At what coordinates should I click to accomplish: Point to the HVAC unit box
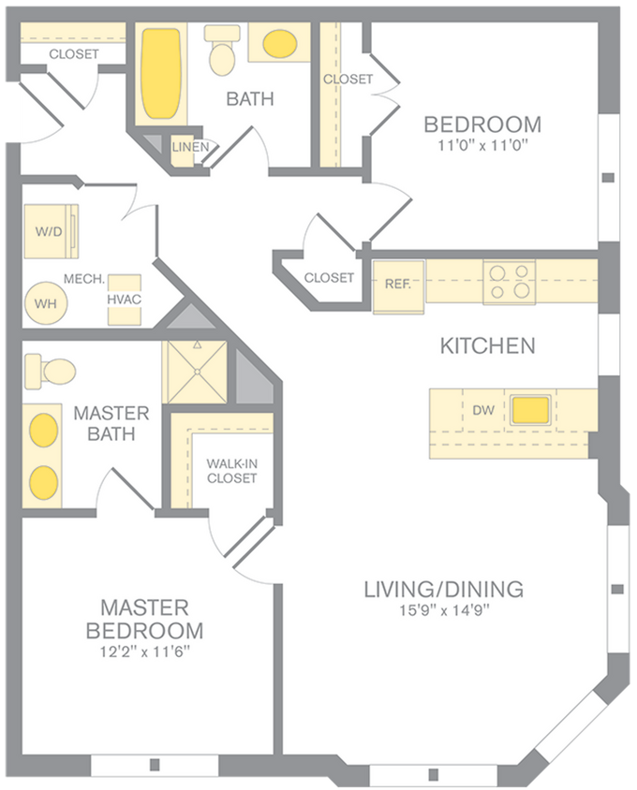tap(125, 299)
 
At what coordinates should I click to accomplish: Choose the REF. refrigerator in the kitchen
tap(398, 282)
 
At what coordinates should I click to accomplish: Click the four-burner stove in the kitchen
tap(509, 281)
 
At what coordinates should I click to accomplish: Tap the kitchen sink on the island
tap(530, 409)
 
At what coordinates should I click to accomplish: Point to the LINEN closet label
tap(190, 147)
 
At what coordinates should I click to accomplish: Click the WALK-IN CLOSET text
tap(231, 471)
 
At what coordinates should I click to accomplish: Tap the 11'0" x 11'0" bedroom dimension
tap(481, 145)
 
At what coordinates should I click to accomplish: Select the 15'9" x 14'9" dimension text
tap(442, 611)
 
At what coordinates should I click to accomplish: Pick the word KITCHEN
tap(487, 345)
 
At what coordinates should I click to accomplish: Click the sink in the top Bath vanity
tap(279, 43)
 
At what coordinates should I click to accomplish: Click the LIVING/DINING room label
tap(442, 589)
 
